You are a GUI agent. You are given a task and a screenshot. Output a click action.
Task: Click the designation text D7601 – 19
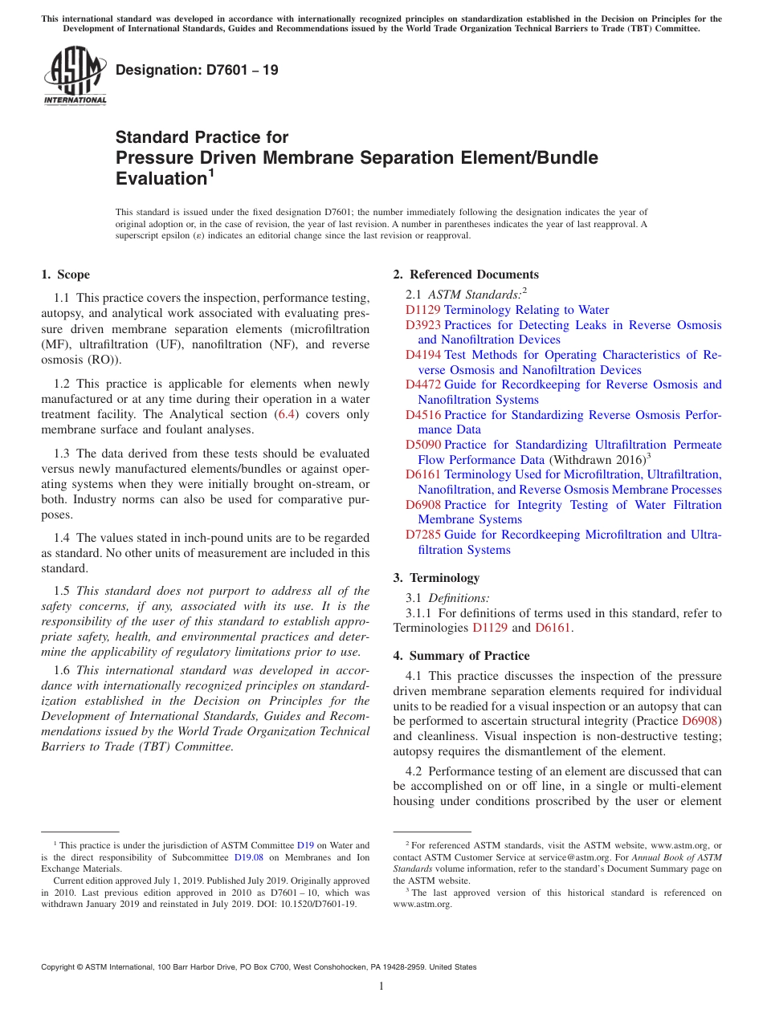[x=197, y=70]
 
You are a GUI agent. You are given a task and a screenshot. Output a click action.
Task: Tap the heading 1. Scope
[x=65, y=275]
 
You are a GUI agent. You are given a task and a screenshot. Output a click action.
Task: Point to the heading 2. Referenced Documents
[x=466, y=275]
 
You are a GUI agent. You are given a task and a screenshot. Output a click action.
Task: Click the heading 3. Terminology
[x=444, y=578]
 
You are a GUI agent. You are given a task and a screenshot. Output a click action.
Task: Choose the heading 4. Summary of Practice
[x=461, y=656]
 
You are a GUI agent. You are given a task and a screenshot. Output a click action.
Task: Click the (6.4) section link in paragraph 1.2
[x=285, y=414]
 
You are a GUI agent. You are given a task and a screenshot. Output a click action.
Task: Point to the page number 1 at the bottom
[x=381, y=986]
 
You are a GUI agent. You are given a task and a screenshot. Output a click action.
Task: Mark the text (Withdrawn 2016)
[x=597, y=460]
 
